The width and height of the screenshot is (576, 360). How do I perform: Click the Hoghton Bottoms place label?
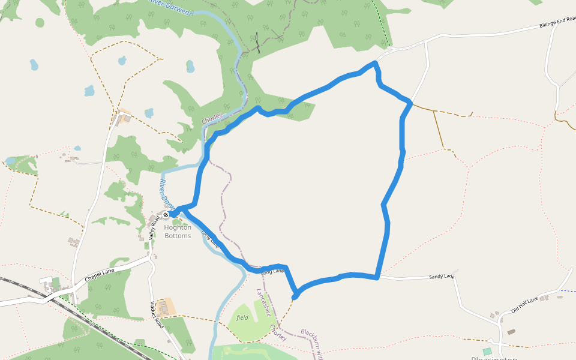[178, 232]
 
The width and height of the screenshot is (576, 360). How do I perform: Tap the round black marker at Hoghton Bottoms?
[166, 215]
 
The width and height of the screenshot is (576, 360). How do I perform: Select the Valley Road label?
[154, 227]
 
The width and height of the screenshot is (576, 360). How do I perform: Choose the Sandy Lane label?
[441, 277]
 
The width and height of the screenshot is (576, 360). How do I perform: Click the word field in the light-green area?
[242, 317]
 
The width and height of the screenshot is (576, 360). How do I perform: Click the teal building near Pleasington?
[487, 351]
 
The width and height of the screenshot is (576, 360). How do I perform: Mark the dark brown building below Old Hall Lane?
[511, 332]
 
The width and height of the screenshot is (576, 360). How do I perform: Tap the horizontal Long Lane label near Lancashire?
[273, 272]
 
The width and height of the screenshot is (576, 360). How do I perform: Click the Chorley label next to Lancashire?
[278, 334]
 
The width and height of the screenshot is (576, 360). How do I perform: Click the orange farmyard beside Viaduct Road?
[169, 306]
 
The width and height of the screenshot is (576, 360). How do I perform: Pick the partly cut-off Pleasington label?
[494, 358]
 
